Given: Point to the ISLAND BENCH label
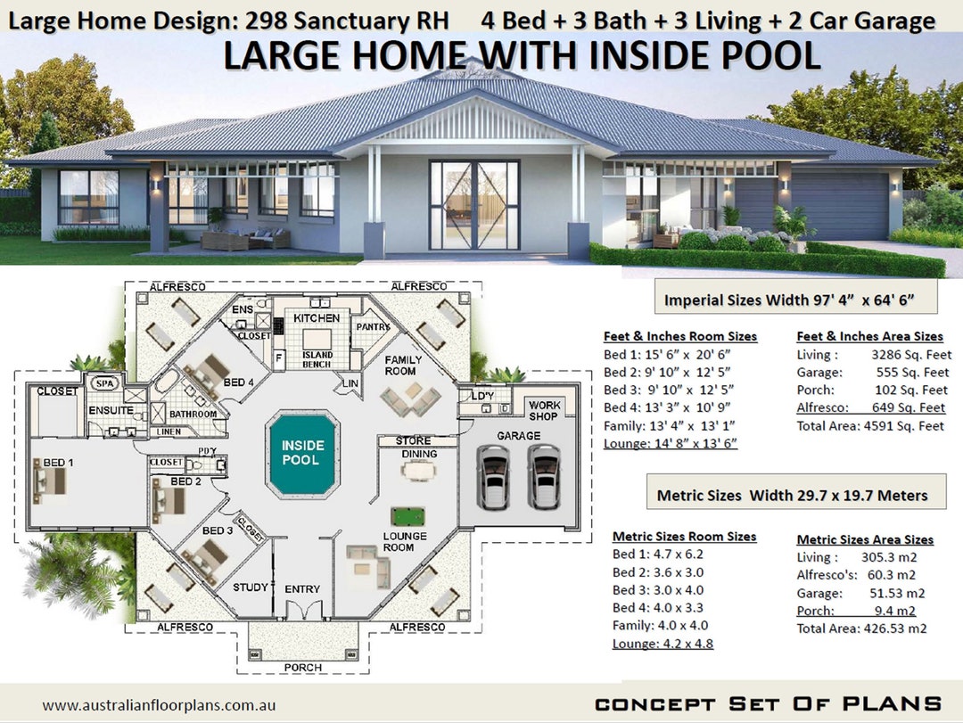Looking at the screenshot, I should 317,359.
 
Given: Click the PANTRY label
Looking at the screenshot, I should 372,327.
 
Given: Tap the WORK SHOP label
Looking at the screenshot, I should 544,411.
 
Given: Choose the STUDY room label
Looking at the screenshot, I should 251,587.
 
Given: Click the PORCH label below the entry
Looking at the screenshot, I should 302,668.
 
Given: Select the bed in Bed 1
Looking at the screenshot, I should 50,481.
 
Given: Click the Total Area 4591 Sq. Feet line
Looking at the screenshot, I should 869,426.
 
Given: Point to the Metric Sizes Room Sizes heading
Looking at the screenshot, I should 684,537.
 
